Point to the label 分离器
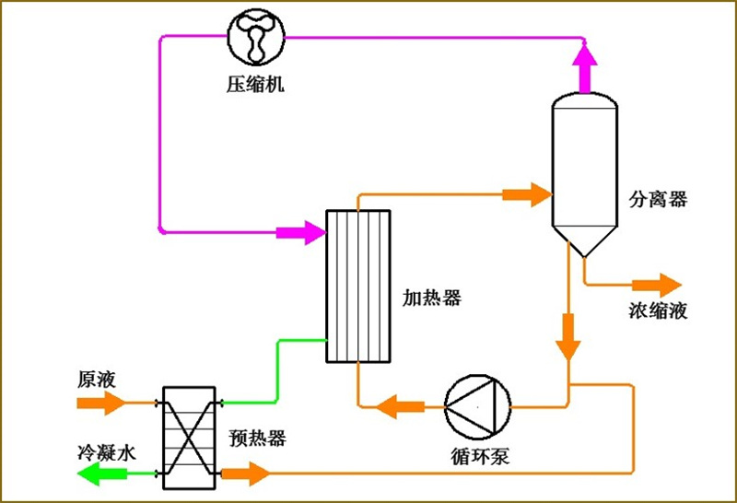click(x=657, y=199)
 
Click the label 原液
click(x=94, y=379)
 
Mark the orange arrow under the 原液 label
click(x=101, y=403)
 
